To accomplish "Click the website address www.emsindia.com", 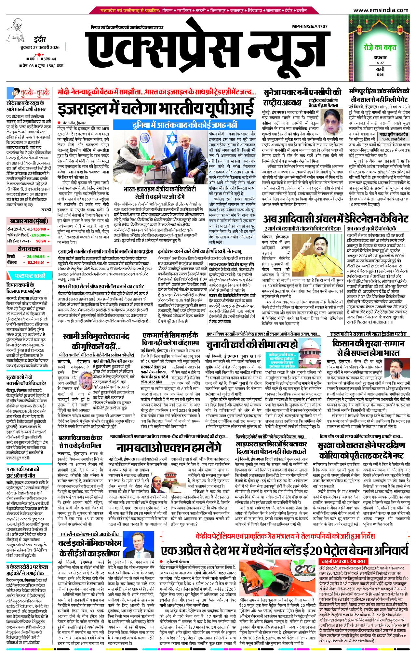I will point(380,10).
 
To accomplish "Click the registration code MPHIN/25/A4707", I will point(310,26).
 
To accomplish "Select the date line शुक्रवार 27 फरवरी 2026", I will point(40,47).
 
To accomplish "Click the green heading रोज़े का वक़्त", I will point(380,47).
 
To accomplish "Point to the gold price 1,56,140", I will point(39,229).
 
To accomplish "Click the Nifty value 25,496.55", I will point(36,257).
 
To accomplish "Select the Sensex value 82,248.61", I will point(36,262).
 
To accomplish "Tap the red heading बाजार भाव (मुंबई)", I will point(29,221).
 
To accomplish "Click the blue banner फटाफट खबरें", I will point(29,276).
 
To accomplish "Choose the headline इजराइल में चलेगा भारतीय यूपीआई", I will point(156,109).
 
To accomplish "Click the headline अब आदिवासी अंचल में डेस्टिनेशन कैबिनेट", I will point(336,219).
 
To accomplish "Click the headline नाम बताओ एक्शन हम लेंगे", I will point(169,448).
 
